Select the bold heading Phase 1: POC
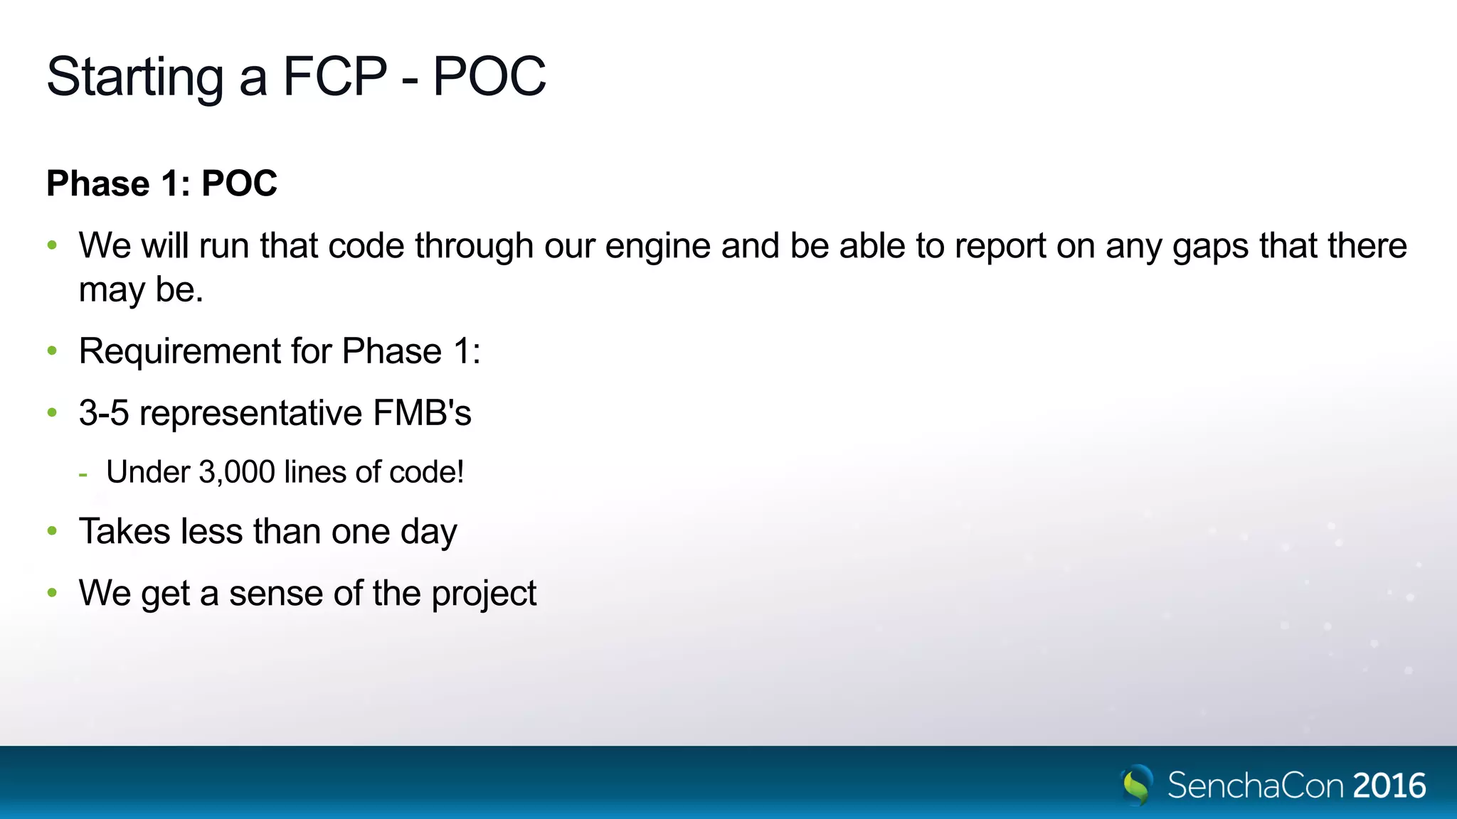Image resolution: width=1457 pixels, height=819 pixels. point(161,183)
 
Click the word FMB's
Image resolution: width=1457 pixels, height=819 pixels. point(422,413)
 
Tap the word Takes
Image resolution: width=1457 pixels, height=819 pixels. point(124,532)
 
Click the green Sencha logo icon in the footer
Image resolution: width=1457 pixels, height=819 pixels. point(1137,785)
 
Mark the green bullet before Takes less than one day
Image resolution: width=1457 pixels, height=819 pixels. point(52,531)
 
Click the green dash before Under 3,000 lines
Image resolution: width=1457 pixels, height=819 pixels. point(83,473)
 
